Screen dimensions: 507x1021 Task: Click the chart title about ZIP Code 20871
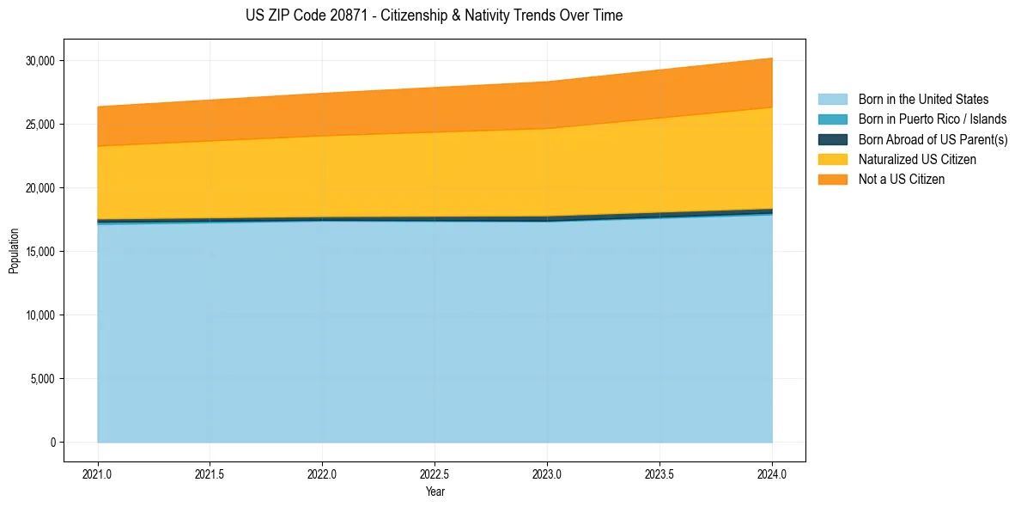pos(435,15)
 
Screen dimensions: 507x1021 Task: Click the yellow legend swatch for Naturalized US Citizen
pos(832,160)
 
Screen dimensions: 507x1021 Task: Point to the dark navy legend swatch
pos(832,139)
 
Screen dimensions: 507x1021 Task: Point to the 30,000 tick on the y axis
pos(40,61)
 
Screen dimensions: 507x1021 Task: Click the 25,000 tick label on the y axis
pos(40,125)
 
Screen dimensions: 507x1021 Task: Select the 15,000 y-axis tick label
pos(40,252)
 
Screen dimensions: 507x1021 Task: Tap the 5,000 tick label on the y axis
pos(43,379)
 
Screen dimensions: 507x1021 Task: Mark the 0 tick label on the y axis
pos(52,443)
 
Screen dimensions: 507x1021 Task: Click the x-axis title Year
pos(435,492)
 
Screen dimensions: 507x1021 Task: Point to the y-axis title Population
pos(14,251)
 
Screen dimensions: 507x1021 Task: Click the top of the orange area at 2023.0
pos(547,82)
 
